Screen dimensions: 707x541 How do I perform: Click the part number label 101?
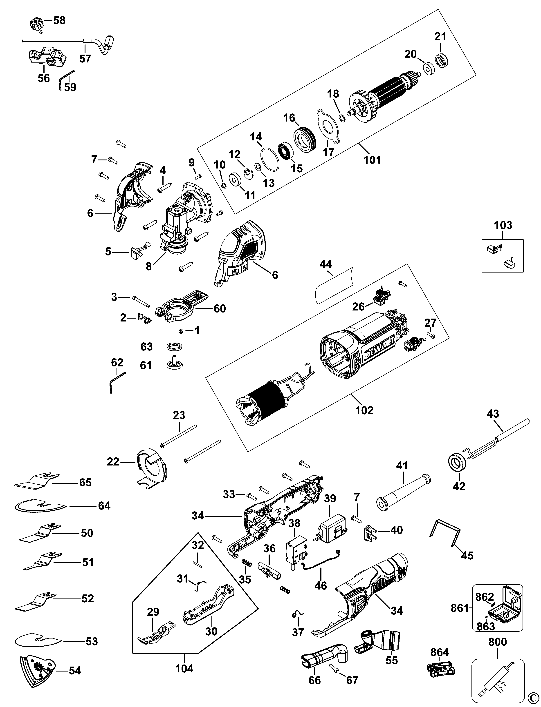pos(372,160)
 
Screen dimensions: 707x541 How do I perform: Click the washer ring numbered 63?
pos(175,347)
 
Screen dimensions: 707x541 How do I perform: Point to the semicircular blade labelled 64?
pos(40,506)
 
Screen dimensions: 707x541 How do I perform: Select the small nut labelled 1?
pos(181,331)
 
